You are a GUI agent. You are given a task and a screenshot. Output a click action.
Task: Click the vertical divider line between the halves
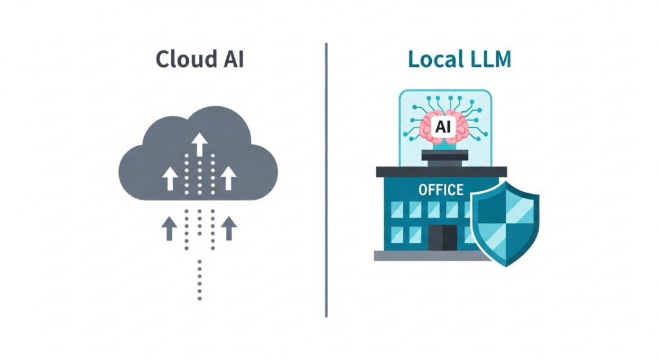click(x=326, y=180)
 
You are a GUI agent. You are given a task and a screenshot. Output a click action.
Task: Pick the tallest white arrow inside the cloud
click(x=200, y=144)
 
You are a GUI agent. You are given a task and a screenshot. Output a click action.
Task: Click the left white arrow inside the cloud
click(x=170, y=178)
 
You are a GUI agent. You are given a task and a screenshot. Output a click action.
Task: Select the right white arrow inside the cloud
click(x=228, y=178)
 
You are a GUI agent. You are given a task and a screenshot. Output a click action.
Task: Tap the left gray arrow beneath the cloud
click(x=169, y=229)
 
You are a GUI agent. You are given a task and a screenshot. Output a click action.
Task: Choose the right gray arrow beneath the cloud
click(x=229, y=229)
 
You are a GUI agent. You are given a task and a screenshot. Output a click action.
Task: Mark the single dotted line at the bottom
click(x=200, y=280)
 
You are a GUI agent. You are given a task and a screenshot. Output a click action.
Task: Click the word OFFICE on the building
click(x=441, y=190)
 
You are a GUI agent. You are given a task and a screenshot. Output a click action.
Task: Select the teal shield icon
click(x=505, y=223)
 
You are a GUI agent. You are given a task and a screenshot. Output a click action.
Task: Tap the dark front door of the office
click(x=443, y=238)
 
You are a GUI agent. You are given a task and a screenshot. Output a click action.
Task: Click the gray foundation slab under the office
click(x=432, y=256)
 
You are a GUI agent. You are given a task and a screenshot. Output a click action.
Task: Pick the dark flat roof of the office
click(x=441, y=171)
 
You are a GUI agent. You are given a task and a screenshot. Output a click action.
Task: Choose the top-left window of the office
click(x=396, y=209)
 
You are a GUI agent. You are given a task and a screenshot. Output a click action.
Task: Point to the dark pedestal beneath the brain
click(x=445, y=158)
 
